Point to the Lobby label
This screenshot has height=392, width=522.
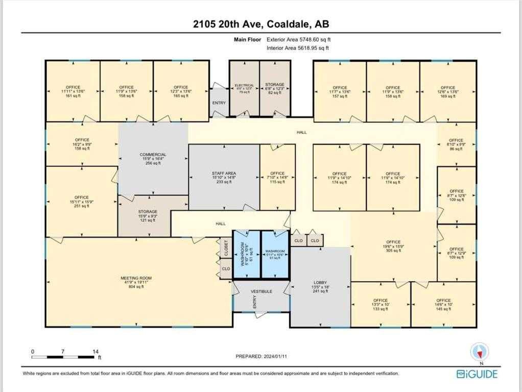[x=320, y=282]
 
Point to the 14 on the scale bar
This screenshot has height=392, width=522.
[x=95, y=352]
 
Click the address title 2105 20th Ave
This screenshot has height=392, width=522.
[x=260, y=24]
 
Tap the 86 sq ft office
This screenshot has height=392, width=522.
[x=456, y=144]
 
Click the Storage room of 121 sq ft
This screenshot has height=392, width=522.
[x=148, y=215]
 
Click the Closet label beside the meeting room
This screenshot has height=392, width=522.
[x=226, y=248]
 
